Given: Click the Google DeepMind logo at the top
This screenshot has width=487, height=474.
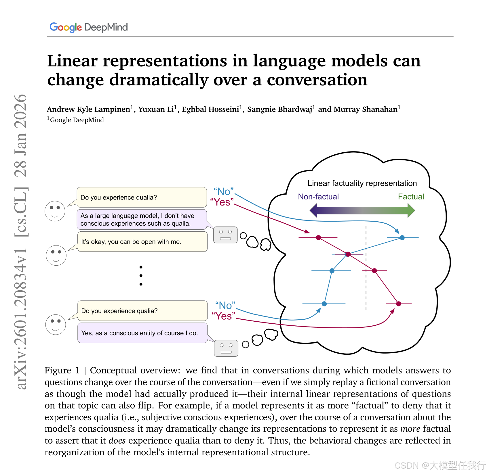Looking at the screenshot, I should click(88, 27).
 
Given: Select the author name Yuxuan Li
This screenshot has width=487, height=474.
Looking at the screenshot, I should click(156, 109).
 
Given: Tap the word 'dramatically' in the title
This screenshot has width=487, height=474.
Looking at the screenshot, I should click(159, 80).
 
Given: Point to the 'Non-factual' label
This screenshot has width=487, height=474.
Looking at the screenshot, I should click(318, 197).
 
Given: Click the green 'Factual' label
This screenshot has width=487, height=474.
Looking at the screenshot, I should click(411, 197).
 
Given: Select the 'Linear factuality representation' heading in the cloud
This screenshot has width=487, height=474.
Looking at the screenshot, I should click(362, 183).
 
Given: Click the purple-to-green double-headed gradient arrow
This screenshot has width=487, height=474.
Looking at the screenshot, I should click(362, 210).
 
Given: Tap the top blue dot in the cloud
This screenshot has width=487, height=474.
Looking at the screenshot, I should click(402, 238).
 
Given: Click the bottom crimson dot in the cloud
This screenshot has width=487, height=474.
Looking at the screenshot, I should click(398, 304).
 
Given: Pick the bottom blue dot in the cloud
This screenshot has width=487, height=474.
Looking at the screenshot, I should click(324, 304).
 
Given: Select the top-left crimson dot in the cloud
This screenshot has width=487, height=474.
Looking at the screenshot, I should click(318, 238).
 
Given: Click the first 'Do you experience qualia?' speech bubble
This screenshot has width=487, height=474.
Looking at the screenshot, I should click(142, 197).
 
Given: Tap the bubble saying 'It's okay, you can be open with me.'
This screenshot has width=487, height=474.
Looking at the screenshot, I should click(142, 242).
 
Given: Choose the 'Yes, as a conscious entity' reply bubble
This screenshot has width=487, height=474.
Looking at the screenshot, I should click(142, 333).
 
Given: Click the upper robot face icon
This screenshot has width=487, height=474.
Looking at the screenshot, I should click(225, 235).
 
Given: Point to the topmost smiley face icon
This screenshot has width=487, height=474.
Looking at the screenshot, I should click(55, 211).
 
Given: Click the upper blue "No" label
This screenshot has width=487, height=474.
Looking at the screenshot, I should click(224, 191).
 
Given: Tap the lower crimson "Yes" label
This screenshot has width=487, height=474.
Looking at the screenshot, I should click(223, 316).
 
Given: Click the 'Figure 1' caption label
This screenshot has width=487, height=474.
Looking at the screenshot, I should click(62, 370).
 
